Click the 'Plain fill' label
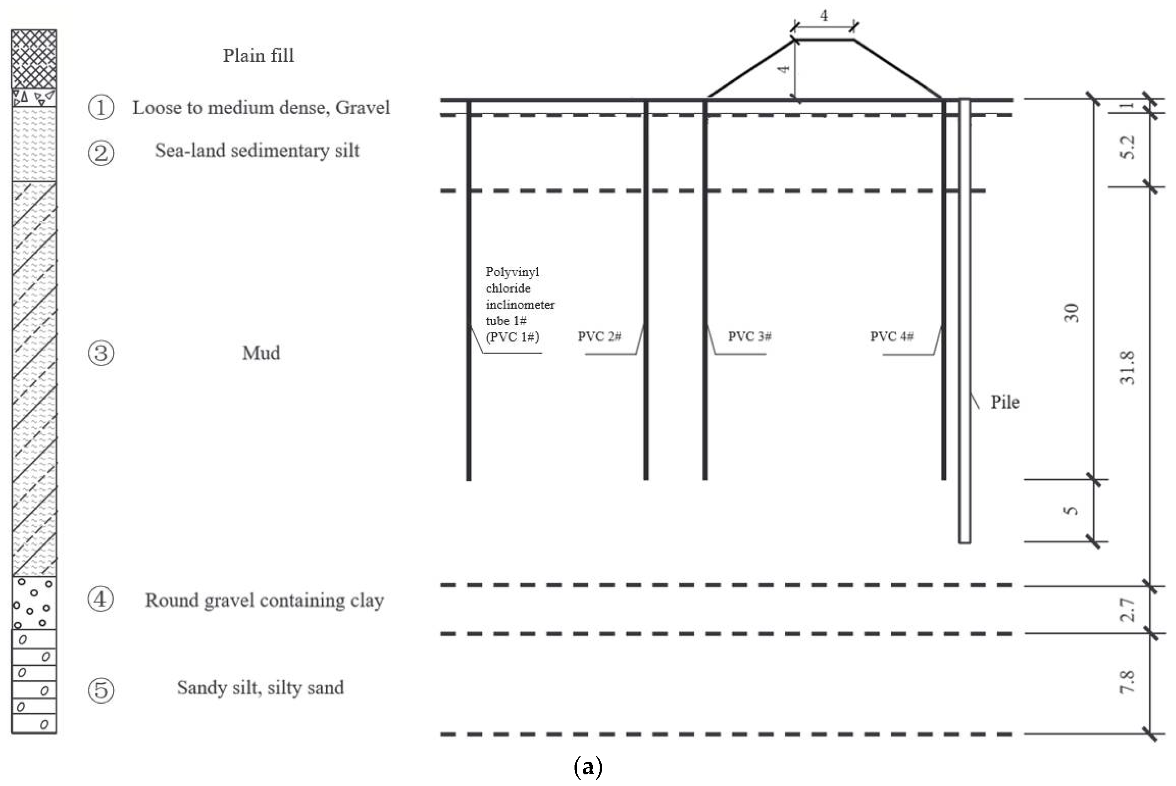point(258,56)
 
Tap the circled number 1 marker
point(101,107)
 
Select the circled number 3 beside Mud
point(101,353)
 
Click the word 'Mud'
point(261,353)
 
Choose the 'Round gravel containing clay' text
point(265,600)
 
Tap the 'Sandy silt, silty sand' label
point(261,688)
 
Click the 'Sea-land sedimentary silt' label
point(257,150)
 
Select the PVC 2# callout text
point(600,336)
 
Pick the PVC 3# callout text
point(749,336)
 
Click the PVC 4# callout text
point(892,336)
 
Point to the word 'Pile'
point(1005,402)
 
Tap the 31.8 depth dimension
point(1126,368)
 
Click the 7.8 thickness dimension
point(1126,682)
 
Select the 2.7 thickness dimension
point(1126,610)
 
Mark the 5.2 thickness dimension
point(1126,148)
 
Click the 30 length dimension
point(1071,313)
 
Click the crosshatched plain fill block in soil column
point(34,59)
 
